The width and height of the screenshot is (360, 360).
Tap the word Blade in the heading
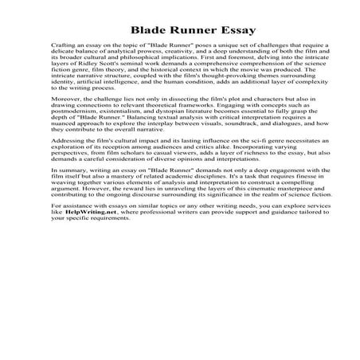click(129, 31)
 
